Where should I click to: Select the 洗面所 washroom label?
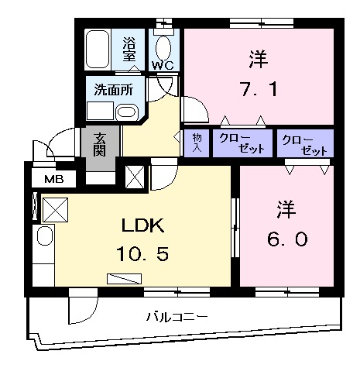coord(114,89)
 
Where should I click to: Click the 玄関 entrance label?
coord(101,144)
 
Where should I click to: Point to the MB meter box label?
coord(53,180)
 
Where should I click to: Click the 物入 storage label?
coord(196,143)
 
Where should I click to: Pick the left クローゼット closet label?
coord(242,143)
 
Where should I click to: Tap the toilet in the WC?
coord(165,43)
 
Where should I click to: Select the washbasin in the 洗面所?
coord(127,112)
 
